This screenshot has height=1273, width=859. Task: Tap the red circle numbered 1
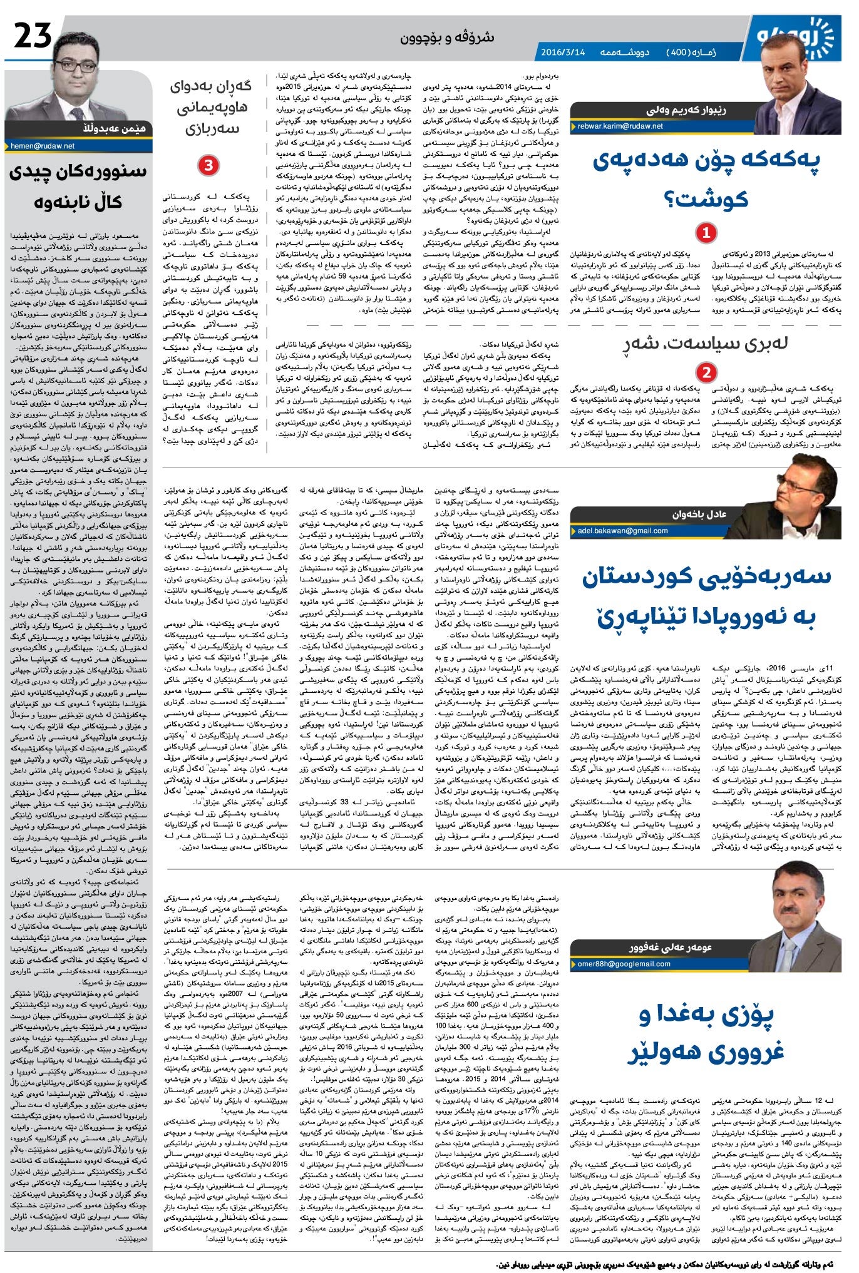[706, 233]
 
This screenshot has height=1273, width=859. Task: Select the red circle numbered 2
[706, 372]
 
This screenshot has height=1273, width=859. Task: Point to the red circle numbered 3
[207, 165]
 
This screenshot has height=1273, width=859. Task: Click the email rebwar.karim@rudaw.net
[617, 126]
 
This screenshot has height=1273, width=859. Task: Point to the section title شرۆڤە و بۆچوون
[447, 38]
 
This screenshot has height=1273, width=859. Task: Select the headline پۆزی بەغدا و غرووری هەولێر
[706, 1033]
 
